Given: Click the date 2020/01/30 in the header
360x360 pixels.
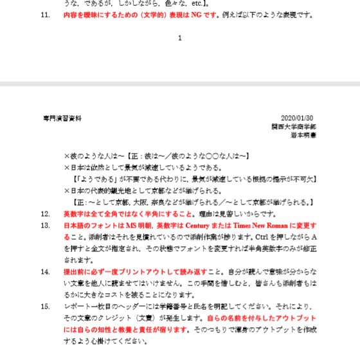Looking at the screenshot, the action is [x=297, y=118].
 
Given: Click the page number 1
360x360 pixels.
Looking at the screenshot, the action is [x=179, y=38].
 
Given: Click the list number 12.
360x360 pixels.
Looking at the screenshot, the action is [x=45, y=213].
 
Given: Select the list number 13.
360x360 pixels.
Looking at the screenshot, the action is [x=45, y=226].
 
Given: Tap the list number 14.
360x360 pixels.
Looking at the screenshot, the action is [x=45, y=271].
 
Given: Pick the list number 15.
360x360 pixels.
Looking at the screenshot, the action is [x=45, y=306].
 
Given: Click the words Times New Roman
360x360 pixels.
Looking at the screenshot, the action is [x=244, y=226].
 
